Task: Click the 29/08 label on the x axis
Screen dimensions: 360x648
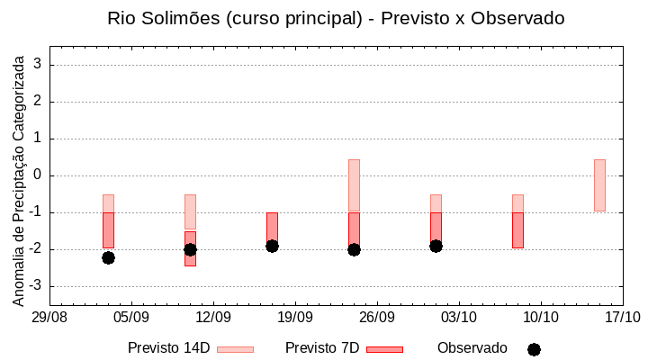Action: point(50,317)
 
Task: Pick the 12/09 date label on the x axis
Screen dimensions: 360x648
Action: point(213,317)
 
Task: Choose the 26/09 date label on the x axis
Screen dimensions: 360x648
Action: point(377,317)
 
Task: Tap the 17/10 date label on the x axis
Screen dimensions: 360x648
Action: point(622,317)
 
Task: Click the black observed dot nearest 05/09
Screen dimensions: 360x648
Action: point(108,257)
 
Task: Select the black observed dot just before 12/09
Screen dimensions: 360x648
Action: point(190,249)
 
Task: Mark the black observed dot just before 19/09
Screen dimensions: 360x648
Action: point(272,246)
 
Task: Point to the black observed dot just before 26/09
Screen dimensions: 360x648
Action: point(354,249)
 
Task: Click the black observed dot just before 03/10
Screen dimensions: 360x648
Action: point(436,246)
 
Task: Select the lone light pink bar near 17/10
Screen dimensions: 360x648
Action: point(599,184)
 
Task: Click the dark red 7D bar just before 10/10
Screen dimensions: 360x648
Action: point(517,229)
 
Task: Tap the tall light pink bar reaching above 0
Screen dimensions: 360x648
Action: point(354,184)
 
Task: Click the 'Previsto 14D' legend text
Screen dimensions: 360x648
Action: point(168,348)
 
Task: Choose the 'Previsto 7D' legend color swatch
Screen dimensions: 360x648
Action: point(384,349)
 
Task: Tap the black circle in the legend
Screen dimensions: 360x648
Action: point(534,349)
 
